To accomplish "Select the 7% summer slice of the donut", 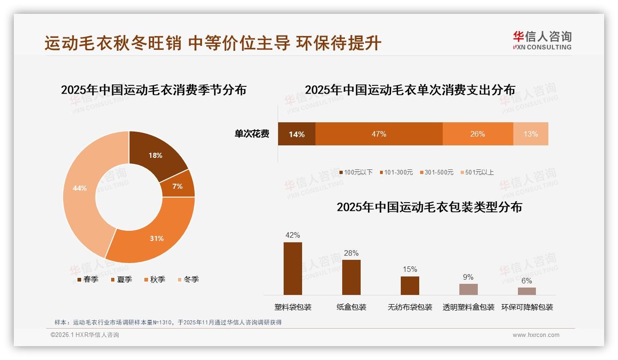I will tap(178, 186).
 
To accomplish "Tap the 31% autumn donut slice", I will tap(157, 238).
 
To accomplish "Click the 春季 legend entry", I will tap(87, 279).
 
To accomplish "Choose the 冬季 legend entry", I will tap(188, 279).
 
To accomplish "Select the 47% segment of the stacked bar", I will tap(379, 134).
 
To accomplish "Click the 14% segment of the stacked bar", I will tap(297, 134).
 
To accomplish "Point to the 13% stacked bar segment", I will tap(530, 134).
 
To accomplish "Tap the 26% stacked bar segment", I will tap(477, 134).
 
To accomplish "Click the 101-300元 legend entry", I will tap(396, 172).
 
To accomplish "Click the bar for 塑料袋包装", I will tap(293, 269).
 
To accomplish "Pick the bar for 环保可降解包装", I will tap(527, 291).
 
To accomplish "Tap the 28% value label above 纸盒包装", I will tap(351, 253).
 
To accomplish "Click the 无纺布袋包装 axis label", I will tap(410, 307).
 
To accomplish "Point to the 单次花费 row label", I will tap(252, 134).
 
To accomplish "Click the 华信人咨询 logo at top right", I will tap(542, 40).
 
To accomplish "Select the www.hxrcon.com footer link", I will tap(536, 335).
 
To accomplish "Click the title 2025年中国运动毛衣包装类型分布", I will tap(429, 207).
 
